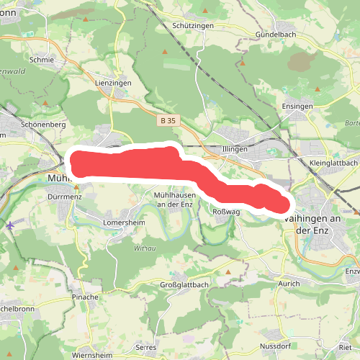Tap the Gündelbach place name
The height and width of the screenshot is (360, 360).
(x=276, y=35)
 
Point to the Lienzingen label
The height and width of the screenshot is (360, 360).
(x=113, y=84)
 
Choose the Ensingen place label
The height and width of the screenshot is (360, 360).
(x=297, y=107)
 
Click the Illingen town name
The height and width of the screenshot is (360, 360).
(x=235, y=149)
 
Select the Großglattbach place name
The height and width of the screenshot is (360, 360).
(x=184, y=285)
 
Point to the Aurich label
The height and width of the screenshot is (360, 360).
(x=289, y=284)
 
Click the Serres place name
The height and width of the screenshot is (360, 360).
(x=145, y=347)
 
